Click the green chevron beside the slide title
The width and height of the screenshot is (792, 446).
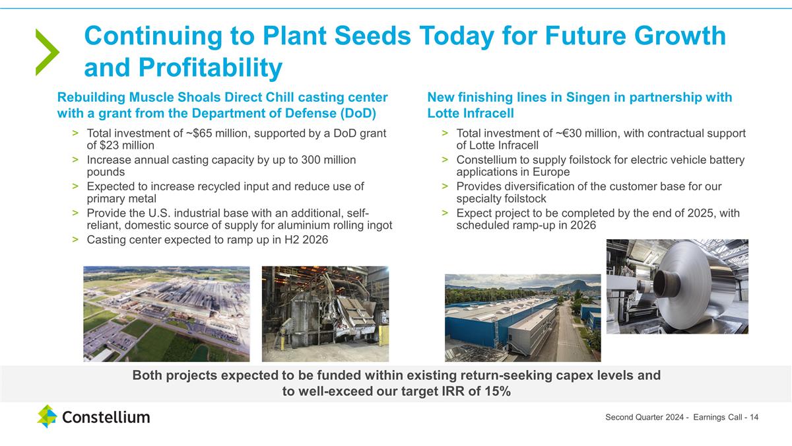[47, 52]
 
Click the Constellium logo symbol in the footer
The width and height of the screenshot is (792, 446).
[47, 416]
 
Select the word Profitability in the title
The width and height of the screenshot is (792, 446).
[211, 67]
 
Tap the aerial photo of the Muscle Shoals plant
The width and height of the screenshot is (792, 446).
[166, 313]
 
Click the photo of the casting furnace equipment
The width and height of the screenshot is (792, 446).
[325, 313]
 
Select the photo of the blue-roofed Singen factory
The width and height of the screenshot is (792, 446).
[523, 318]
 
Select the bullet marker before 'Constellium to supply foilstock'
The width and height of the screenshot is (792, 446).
[445, 160]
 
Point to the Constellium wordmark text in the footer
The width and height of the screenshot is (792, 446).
[106, 417]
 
